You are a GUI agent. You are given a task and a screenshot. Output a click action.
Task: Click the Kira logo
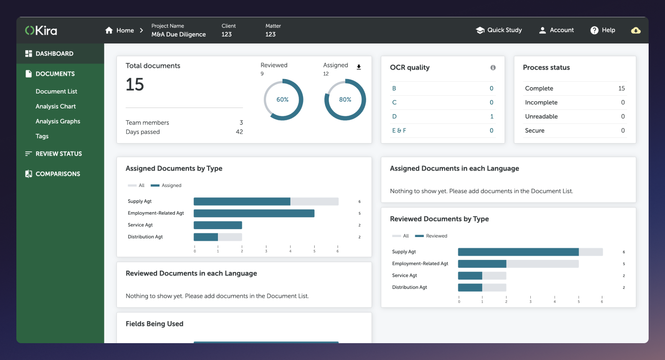coord(41,30)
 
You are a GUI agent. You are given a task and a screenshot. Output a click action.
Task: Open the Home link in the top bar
coord(120,30)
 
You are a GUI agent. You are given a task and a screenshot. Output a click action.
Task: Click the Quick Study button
coord(499,30)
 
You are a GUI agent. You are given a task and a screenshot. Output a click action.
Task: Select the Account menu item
coord(556,30)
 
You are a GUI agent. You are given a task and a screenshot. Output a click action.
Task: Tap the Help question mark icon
coord(594,30)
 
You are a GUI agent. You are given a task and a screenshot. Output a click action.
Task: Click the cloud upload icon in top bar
coord(636,30)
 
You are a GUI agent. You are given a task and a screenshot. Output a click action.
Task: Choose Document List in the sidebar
coord(56,91)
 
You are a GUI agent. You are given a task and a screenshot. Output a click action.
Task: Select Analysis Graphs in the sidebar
coord(58,121)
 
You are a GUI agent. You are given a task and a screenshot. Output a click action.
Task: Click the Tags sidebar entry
coord(42,136)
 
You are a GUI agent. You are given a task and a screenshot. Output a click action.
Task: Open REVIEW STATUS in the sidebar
coord(58,153)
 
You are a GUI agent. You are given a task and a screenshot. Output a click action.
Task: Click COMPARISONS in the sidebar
coord(58,173)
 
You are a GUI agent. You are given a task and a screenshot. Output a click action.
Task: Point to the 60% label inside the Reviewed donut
coord(282,100)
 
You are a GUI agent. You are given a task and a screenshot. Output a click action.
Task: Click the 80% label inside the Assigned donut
coord(345,100)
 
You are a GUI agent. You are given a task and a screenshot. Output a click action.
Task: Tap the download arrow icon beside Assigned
coord(359,67)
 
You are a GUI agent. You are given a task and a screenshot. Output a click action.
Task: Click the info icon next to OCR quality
coord(493,68)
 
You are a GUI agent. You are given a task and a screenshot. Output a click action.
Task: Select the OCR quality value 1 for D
coord(492,116)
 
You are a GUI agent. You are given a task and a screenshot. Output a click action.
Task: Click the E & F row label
coord(399,130)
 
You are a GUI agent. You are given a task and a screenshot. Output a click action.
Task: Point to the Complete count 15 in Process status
coord(621,88)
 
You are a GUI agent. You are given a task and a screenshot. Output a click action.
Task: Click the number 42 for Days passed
coord(239,132)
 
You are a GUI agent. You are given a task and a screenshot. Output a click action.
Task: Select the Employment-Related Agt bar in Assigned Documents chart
coord(254,213)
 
